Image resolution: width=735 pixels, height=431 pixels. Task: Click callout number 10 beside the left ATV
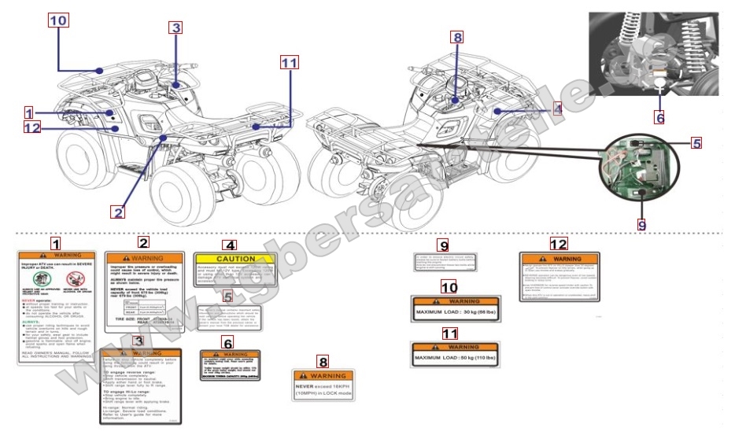tap(57, 20)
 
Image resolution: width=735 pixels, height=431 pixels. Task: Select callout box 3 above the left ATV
tap(175, 28)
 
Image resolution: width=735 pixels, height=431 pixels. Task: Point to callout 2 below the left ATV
tap(118, 212)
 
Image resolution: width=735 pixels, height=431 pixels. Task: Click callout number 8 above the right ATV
tap(457, 37)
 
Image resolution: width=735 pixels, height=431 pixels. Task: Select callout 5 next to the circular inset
tap(696, 143)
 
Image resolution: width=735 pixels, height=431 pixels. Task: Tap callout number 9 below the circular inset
tap(642, 224)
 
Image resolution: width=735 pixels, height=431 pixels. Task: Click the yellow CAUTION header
tap(235, 259)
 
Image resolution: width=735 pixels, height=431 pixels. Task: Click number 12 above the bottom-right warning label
tap(558, 244)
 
